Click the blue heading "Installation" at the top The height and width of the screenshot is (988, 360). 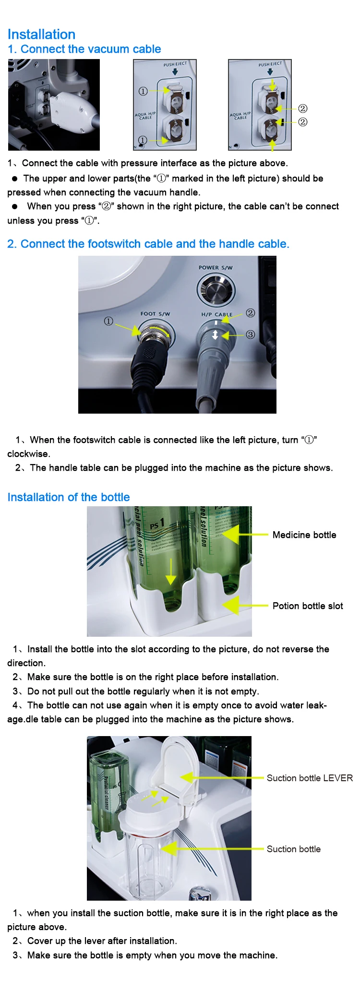(41, 35)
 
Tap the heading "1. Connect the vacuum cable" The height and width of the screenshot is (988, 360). (84, 49)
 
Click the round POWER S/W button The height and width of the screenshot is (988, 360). (216, 289)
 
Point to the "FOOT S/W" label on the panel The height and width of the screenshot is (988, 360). (155, 314)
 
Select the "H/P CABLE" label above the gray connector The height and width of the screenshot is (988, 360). (216, 315)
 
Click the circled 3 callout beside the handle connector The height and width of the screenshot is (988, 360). (250, 334)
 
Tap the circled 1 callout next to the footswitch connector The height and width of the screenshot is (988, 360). (108, 321)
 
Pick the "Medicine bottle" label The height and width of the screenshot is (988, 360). (304, 535)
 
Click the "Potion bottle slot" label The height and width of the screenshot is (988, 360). (307, 606)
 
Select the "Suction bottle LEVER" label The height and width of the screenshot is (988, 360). (309, 778)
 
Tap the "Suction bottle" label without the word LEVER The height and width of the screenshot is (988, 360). (293, 849)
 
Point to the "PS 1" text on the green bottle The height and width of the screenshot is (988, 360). (157, 524)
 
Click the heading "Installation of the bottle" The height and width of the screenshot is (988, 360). (69, 497)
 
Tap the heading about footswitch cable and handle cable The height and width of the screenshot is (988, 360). (148, 244)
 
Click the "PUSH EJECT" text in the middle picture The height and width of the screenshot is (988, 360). (175, 64)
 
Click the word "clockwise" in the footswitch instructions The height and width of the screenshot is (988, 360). (28, 454)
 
